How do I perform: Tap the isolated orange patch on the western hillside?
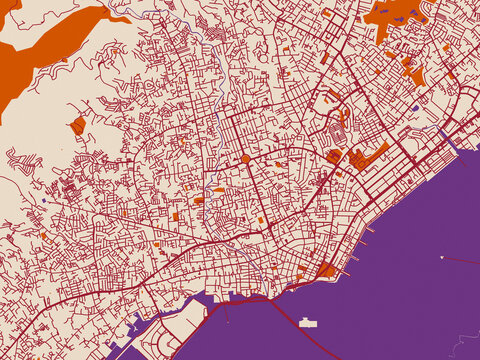[x=78, y=125]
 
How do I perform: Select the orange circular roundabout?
[x=245, y=159]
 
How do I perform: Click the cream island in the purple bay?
[x=308, y=322]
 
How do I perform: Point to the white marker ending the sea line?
[x=441, y=258]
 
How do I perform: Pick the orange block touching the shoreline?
[x=326, y=269]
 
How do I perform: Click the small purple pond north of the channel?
[x=414, y=108]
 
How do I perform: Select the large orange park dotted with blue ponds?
[x=395, y=14]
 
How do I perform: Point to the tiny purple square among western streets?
[x=44, y=200]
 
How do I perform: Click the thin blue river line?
[x=200, y=20]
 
